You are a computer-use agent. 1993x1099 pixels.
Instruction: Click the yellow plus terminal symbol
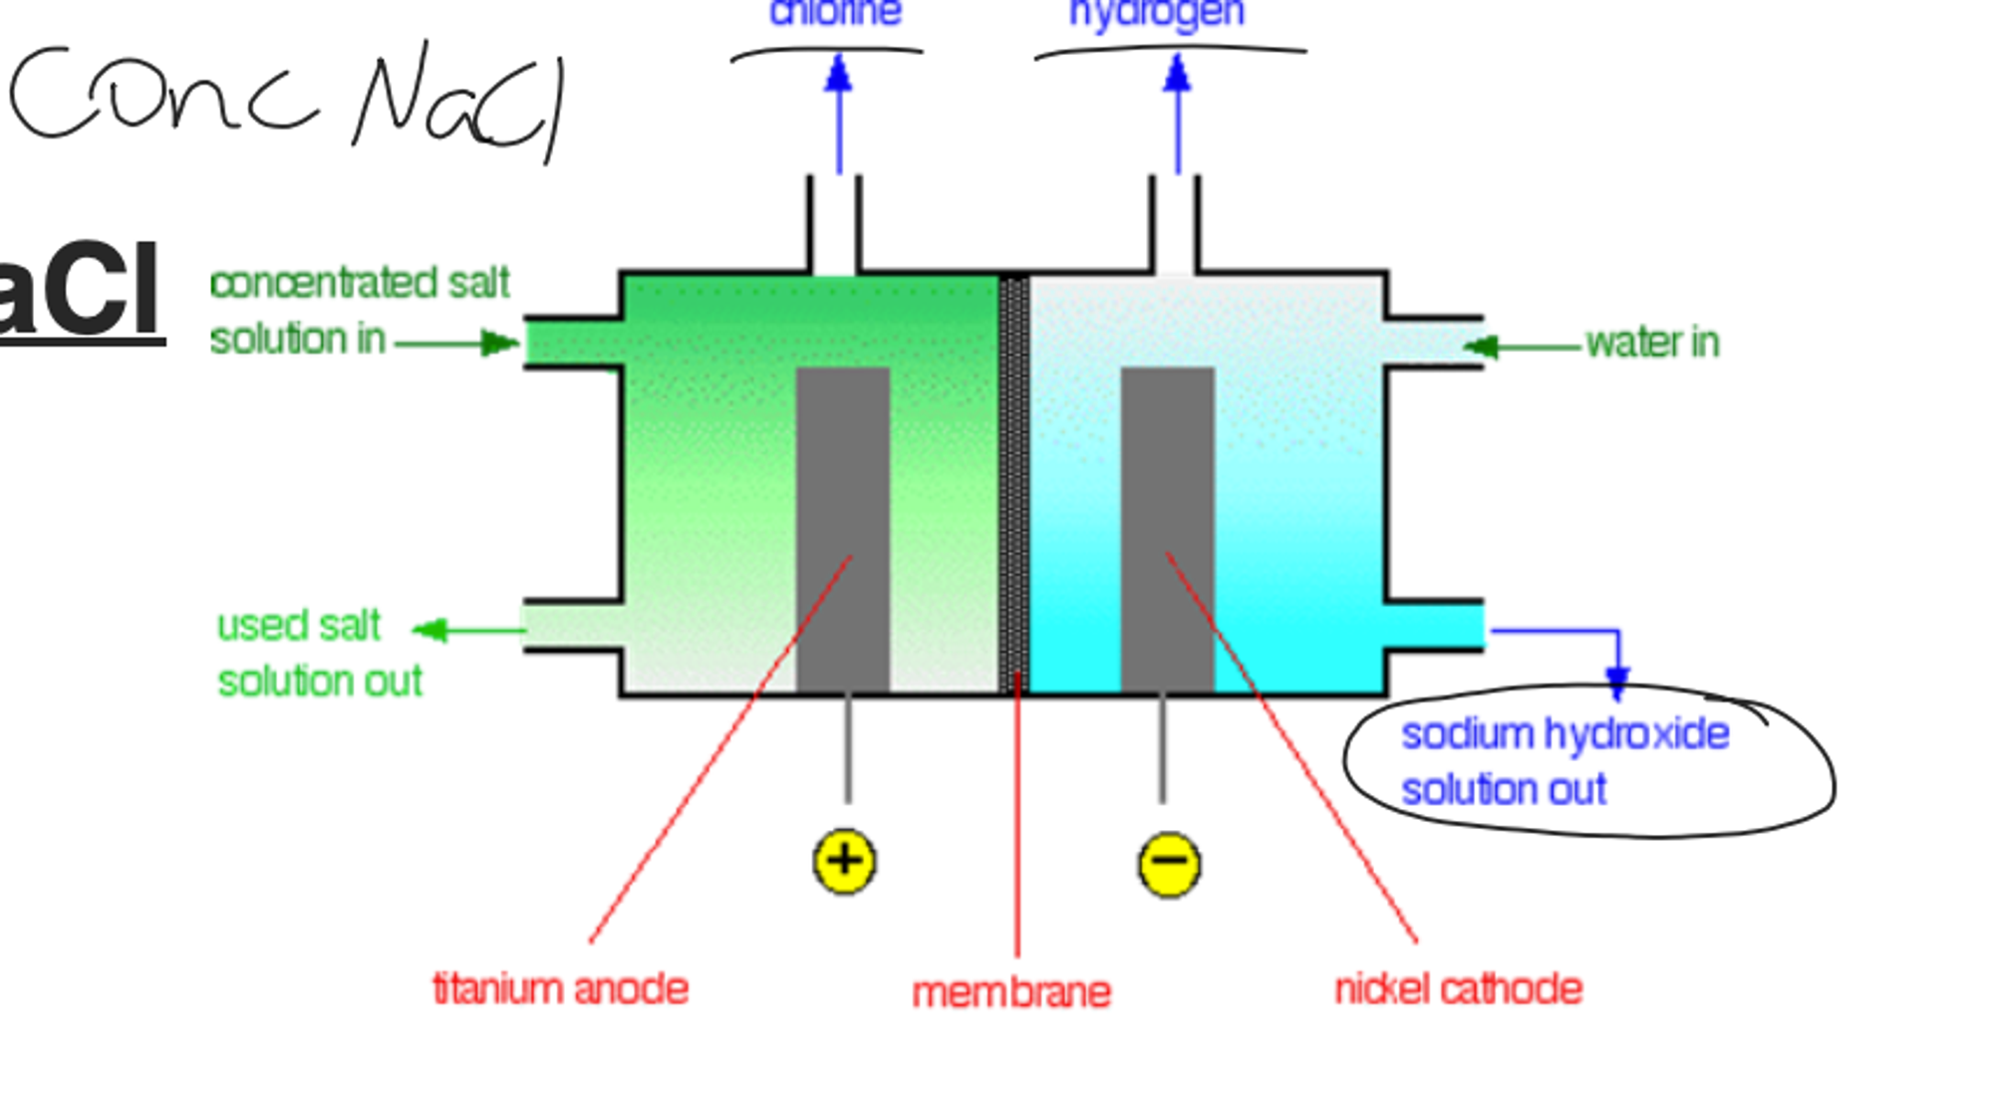click(x=844, y=861)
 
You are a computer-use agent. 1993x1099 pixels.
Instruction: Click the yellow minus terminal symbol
click(x=1169, y=863)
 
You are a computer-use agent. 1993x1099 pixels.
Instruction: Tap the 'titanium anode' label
click(x=560, y=989)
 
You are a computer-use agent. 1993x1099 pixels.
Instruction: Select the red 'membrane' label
click(x=1011, y=992)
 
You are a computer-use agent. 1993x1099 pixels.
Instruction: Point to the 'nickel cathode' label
click(x=1458, y=989)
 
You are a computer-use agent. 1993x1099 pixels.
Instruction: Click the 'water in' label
click(x=1652, y=343)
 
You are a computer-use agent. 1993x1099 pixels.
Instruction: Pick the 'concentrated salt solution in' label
click(x=359, y=311)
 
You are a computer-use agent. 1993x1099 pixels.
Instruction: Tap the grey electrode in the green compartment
click(x=842, y=528)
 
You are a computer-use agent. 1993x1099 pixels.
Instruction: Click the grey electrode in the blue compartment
click(x=1167, y=528)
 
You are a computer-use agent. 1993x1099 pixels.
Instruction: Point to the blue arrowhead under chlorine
click(x=839, y=75)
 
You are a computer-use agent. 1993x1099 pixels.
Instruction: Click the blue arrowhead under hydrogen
click(x=1178, y=75)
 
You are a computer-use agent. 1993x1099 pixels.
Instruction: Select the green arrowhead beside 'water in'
click(x=1480, y=347)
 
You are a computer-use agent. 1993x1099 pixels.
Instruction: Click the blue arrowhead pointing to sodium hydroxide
click(x=1617, y=684)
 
